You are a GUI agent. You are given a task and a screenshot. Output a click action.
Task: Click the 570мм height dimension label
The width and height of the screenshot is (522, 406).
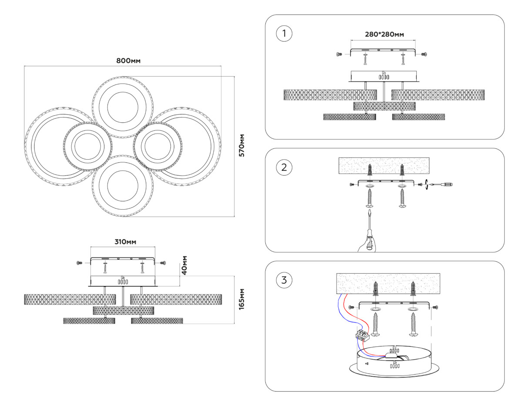click(242, 145)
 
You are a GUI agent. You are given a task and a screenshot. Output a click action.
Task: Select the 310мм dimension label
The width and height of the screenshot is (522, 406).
click(123, 242)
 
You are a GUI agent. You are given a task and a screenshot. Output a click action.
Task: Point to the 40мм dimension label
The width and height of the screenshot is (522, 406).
click(184, 265)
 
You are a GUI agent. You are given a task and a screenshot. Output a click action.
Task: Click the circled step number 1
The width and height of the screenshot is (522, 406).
click(284, 34)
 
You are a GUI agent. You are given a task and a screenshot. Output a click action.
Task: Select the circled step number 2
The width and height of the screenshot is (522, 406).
click(284, 167)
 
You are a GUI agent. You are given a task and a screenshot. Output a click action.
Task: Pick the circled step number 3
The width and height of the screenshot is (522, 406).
click(284, 280)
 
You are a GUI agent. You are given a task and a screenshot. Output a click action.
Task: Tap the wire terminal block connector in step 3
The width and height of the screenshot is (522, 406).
click(362, 335)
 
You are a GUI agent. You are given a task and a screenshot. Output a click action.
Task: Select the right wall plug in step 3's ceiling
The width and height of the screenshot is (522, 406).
click(412, 288)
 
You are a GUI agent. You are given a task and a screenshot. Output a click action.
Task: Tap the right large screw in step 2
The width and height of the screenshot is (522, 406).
click(402, 199)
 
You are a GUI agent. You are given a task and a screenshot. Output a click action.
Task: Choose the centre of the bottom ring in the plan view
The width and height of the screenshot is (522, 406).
click(122, 185)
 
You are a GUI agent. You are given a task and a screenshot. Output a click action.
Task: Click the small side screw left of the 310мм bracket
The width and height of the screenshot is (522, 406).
click(79, 263)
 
